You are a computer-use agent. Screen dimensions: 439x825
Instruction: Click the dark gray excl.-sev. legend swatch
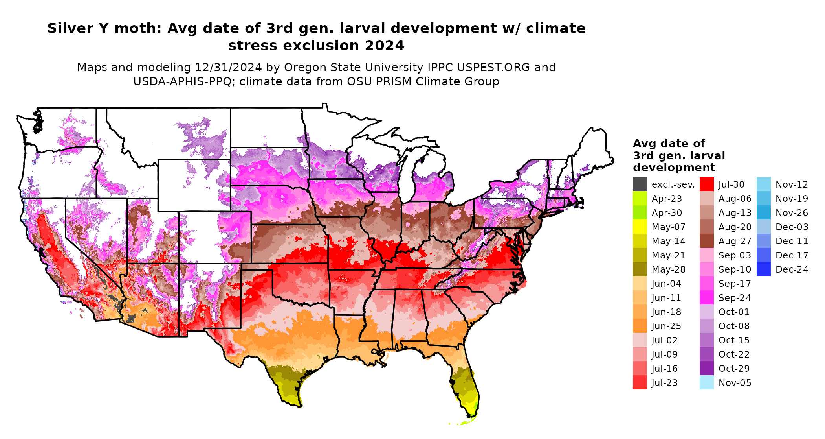tap(640, 184)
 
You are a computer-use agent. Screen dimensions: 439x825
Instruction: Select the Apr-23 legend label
tap(667, 199)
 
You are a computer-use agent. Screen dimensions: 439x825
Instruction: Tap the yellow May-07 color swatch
tap(640, 227)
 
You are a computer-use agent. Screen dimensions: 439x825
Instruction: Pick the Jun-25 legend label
tap(666, 326)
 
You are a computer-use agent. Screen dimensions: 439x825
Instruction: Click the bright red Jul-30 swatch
tap(706, 184)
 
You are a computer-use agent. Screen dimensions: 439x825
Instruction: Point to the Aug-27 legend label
tap(735, 241)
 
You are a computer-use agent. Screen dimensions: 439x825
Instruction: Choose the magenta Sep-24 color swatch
tap(706, 297)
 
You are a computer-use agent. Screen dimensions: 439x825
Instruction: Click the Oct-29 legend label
tap(734, 369)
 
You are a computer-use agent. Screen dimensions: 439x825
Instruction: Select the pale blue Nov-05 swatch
tap(706, 382)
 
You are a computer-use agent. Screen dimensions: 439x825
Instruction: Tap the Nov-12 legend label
tap(792, 184)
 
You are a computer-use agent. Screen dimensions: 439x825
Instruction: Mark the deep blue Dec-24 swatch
tap(763, 269)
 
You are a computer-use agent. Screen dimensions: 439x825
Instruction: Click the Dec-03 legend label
tap(792, 227)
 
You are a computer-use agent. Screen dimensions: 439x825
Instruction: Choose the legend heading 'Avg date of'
tap(669, 143)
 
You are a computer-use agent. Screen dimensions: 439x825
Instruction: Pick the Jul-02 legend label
tap(664, 340)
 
